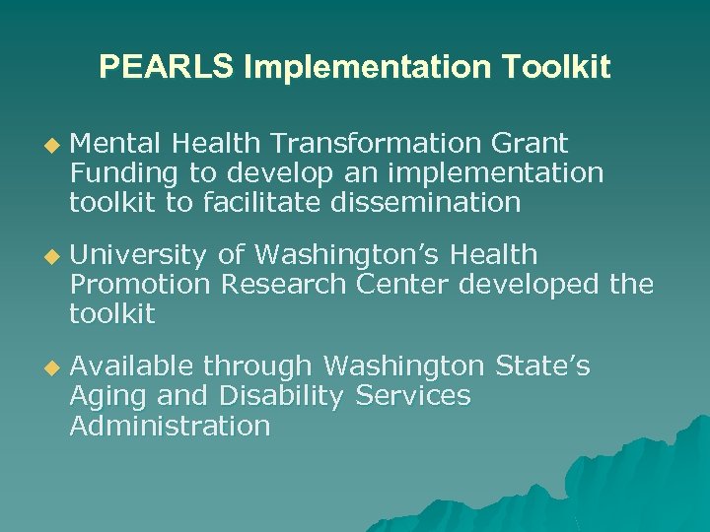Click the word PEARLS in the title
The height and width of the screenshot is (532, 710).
(x=167, y=68)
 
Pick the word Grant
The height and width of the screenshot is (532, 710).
(x=532, y=145)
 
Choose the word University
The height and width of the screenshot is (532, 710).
(x=138, y=255)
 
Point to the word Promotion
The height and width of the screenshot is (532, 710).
(x=140, y=285)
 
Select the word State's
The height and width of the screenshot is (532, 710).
(x=542, y=366)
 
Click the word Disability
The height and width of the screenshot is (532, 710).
(x=281, y=396)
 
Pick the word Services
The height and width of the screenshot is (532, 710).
(x=413, y=396)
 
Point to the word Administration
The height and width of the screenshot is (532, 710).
(x=170, y=426)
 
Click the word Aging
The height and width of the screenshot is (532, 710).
(x=104, y=397)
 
